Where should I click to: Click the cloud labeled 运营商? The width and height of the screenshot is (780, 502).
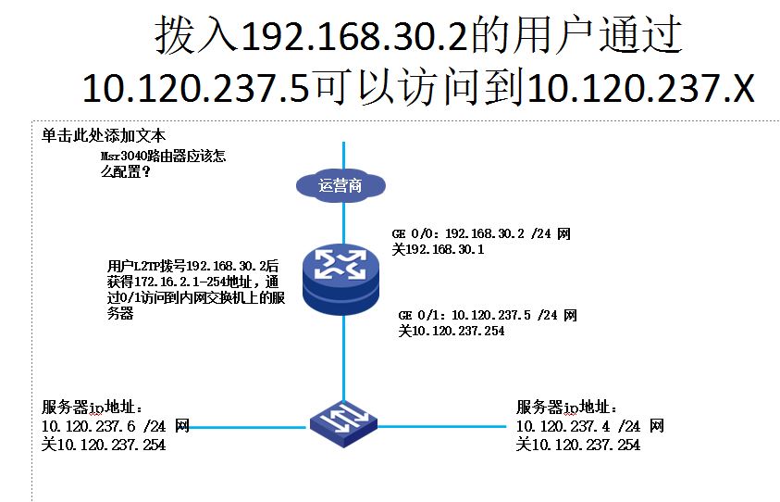(x=340, y=185)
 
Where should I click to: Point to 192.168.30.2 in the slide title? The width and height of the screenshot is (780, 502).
(x=355, y=37)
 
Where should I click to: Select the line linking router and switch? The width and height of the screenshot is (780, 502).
(x=342, y=357)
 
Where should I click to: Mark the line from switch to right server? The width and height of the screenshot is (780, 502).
(x=435, y=428)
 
